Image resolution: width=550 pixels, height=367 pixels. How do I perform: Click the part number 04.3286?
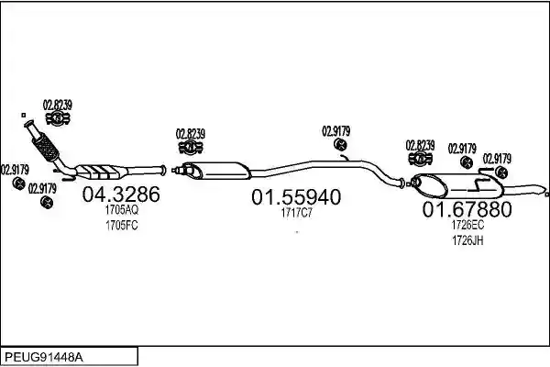click(x=121, y=194)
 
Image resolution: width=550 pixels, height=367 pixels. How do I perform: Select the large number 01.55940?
click(x=296, y=196)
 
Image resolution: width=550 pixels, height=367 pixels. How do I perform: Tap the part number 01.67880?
click(x=467, y=209)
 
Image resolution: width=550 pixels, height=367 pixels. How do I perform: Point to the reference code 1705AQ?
click(x=122, y=210)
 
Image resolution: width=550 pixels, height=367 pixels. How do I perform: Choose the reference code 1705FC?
click(x=122, y=226)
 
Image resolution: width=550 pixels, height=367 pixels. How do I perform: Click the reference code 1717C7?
click(x=296, y=213)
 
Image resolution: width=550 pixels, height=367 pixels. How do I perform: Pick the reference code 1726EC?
click(x=467, y=225)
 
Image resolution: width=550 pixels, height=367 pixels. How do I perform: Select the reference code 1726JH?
click(x=467, y=240)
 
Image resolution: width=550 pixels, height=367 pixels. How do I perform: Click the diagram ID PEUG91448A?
click(x=44, y=358)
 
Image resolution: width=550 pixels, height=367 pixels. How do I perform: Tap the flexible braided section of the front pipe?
click(x=45, y=147)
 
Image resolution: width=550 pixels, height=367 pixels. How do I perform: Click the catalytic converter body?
click(x=102, y=171)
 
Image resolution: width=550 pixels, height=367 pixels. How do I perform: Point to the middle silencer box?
click(x=215, y=171)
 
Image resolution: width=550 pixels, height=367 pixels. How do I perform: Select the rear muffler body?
click(x=457, y=184)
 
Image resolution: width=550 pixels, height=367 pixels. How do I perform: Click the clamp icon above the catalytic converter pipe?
click(x=58, y=118)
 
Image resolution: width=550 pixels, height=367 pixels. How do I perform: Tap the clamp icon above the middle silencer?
click(x=191, y=147)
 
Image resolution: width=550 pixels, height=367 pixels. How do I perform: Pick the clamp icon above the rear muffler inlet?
click(x=420, y=159)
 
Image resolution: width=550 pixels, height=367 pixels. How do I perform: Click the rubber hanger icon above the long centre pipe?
click(x=340, y=144)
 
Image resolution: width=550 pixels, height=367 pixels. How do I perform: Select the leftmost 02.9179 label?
click(x=15, y=170)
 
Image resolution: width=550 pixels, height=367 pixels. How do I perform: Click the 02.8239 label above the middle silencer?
click(x=191, y=134)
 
